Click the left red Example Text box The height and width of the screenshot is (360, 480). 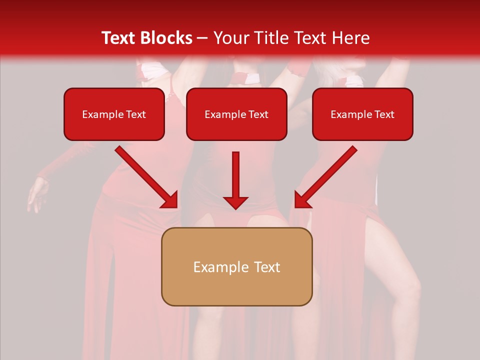pyautogui.click(x=114, y=114)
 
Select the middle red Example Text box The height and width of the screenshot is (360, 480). pyautogui.click(x=236, y=114)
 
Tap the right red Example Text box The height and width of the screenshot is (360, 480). pyautogui.click(x=362, y=114)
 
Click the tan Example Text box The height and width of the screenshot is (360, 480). pyautogui.click(x=236, y=266)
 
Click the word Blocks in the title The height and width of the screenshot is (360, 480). pyautogui.click(x=167, y=38)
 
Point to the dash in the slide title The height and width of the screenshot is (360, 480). pyautogui.click(x=202, y=38)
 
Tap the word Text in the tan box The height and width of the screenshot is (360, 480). pyautogui.click(x=267, y=267)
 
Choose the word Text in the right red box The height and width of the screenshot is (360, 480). pyautogui.click(x=384, y=114)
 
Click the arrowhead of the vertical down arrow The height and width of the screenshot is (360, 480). pyautogui.click(x=236, y=202)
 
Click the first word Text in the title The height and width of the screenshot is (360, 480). pyautogui.click(x=120, y=38)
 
